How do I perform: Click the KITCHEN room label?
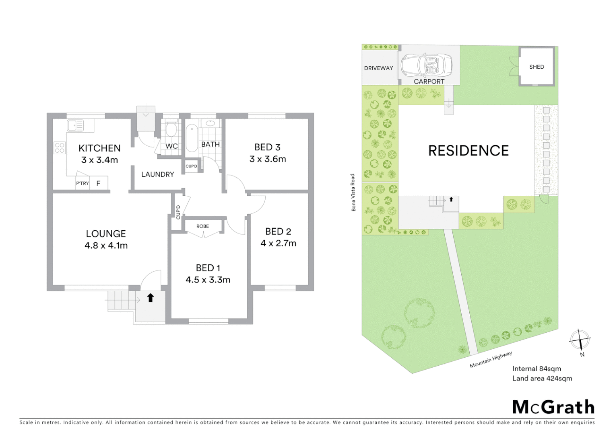[99, 148]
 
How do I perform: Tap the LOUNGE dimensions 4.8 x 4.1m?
[106, 246]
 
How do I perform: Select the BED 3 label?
[267, 147]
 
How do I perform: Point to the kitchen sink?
[75, 125]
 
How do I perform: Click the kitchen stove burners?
[60, 148]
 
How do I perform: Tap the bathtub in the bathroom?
[191, 138]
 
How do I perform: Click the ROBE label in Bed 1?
[202, 226]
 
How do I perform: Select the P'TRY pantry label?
[83, 183]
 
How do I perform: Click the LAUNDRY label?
[157, 174]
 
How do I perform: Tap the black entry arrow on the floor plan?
[150, 298]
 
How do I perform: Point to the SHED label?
[537, 67]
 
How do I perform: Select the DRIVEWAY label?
[378, 68]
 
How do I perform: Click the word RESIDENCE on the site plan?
[468, 151]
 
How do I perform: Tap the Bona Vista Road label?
[353, 192]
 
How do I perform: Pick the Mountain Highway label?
[491, 360]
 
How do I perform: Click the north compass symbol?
[580, 340]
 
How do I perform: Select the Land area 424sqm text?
[542, 378]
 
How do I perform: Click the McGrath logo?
[553, 407]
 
